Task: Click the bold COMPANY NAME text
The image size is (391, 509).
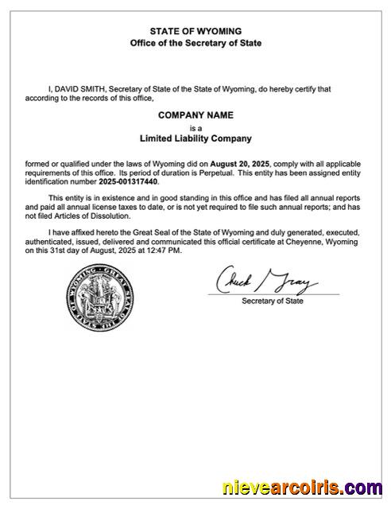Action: tap(195, 115)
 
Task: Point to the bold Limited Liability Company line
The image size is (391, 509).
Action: tap(195, 138)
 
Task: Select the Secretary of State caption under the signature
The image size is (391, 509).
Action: tap(273, 301)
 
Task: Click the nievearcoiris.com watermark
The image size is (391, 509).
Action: tap(299, 487)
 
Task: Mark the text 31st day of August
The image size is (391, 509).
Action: tap(73, 251)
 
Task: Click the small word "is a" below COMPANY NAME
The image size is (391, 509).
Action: tap(195, 127)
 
